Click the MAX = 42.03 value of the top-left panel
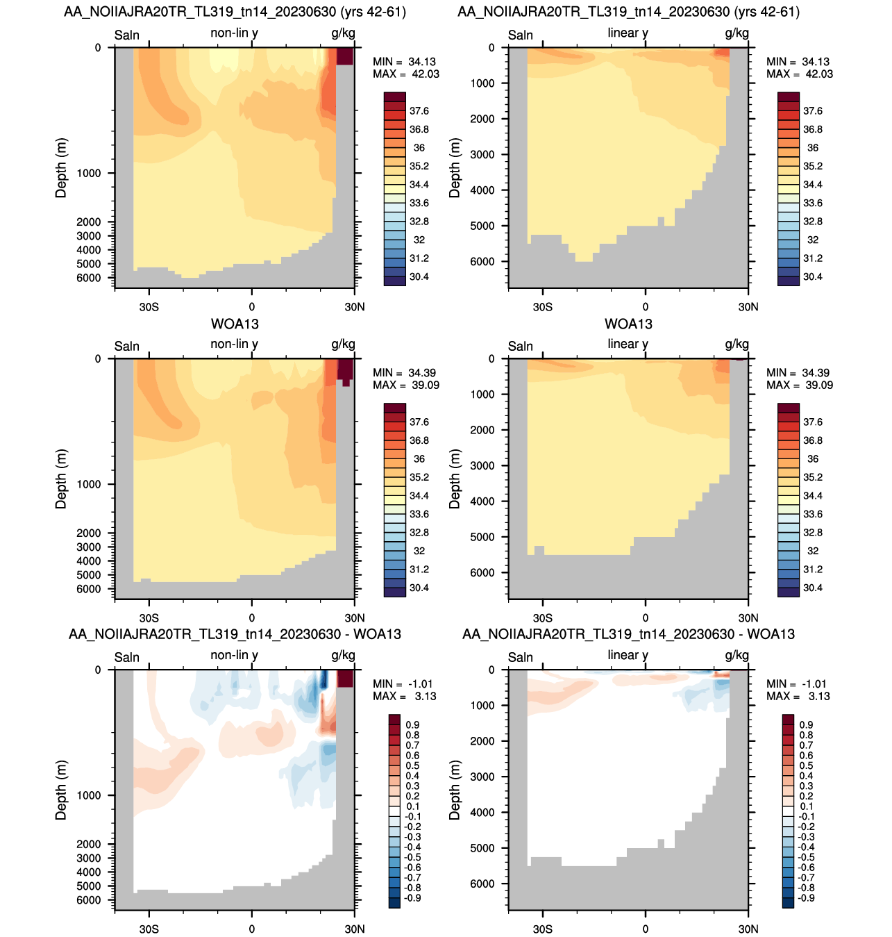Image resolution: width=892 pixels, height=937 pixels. [x=406, y=74]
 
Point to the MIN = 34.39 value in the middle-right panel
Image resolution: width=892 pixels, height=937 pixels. [x=798, y=373]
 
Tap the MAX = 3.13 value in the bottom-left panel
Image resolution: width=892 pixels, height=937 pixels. [x=405, y=696]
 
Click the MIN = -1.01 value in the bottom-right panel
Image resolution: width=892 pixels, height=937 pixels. [x=798, y=684]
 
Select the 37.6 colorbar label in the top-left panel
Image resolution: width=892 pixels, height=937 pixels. [x=419, y=111]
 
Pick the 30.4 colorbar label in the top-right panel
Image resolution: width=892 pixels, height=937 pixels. [x=812, y=277]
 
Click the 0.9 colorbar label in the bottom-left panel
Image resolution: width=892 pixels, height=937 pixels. [x=412, y=725]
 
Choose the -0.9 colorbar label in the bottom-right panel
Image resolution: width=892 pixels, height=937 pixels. [x=806, y=898]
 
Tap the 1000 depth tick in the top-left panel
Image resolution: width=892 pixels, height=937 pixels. [x=89, y=174]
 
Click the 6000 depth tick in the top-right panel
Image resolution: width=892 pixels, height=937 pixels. [x=482, y=262]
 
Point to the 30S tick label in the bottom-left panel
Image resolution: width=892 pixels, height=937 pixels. [x=149, y=929]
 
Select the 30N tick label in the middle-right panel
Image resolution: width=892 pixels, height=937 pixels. [x=748, y=618]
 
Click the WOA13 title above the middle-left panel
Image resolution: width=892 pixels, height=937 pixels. [x=235, y=324]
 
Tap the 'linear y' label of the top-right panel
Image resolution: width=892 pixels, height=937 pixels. [x=628, y=33]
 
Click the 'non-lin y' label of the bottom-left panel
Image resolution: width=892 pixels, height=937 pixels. [x=234, y=655]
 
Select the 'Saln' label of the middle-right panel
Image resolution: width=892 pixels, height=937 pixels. [x=521, y=346]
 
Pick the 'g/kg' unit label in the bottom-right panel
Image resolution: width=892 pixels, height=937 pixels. [x=737, y=656]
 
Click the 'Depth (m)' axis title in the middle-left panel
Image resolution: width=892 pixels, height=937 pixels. [x=60, y=479]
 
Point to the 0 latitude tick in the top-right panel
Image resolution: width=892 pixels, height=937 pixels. [x=645, y=307]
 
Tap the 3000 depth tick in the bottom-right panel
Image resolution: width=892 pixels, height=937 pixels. [x=482, y=777]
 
